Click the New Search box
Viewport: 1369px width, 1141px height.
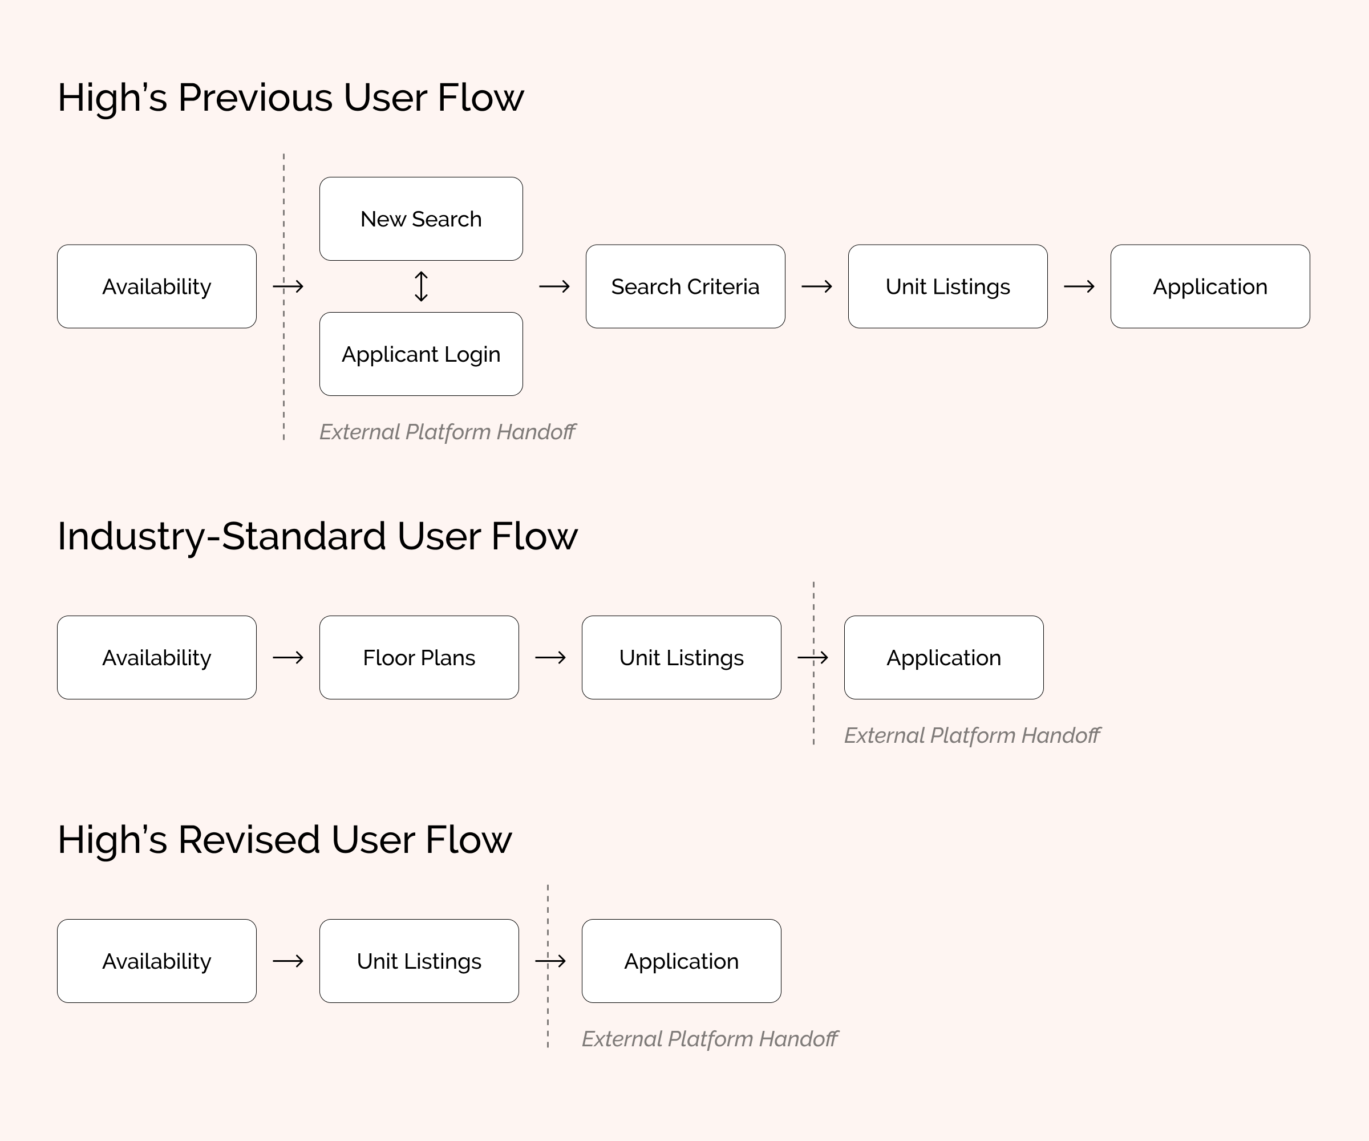[421, 219]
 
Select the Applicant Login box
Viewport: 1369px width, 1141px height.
[421, 354]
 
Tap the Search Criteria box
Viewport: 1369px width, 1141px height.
[685, 286]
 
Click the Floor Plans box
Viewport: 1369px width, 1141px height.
[419, 657]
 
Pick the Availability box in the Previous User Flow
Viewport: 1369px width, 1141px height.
[156, 286]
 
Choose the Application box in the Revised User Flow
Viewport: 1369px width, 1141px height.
[681, 961]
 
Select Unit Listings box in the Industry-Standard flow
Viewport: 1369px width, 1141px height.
[681, 657]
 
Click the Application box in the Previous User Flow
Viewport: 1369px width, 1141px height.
[1210, 286]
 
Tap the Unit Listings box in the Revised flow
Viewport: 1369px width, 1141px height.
[419, 961]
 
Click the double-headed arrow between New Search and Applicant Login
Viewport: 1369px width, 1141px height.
[421, 286]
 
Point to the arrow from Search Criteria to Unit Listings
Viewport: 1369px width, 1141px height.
[817, 286]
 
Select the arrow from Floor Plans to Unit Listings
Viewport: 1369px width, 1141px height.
[550, 657]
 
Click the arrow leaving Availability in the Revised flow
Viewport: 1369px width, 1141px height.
[288, 961]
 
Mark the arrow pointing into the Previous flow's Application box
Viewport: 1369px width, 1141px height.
[1079, 286]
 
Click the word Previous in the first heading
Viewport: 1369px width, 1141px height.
[255, 98]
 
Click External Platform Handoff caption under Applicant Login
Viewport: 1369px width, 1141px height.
[447, 432]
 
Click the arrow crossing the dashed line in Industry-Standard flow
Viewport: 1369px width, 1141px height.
[813, 657]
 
